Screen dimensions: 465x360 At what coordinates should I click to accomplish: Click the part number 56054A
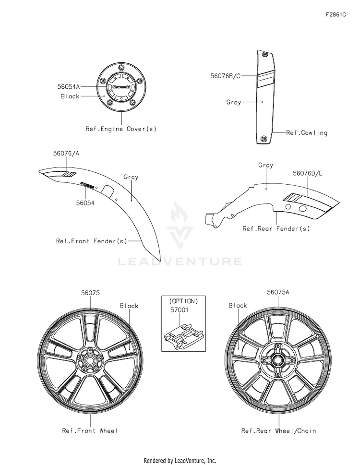click(69, 87)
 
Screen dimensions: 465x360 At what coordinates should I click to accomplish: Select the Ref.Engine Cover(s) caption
click(121, 129)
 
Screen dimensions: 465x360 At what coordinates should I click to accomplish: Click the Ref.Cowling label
click(307, 133)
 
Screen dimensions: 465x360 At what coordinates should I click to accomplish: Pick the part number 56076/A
click(66, 154)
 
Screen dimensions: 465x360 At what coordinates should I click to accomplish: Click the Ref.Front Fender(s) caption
click(92, 241)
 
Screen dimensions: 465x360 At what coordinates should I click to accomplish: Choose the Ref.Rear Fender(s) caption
click(276, 229)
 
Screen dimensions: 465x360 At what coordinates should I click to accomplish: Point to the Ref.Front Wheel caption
click(90, 430)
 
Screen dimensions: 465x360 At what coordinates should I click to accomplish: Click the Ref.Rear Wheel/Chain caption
click(278, 430)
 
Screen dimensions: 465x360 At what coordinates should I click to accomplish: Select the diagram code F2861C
click(336, 15)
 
